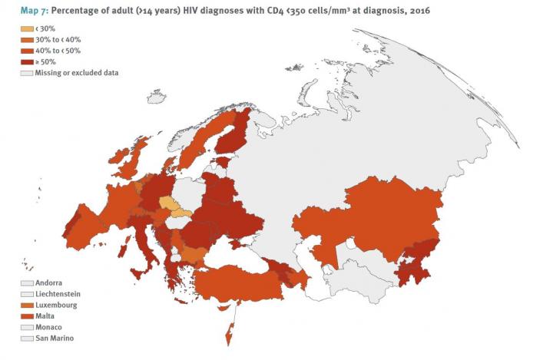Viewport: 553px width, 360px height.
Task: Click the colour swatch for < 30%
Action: pyautogui.click(x=27, y=29)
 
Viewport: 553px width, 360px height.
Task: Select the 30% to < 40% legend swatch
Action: pyautogui.click(x=27, y=40)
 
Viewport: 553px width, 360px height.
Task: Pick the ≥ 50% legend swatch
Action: pyautogui.click(x=27, y=61)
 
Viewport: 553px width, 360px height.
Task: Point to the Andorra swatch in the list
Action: pyautogui.click(x=27, y=283)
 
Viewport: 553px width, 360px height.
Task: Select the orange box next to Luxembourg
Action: pyautogui.click(x=27, y=305)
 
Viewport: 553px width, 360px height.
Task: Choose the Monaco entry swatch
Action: pyautogui.click(x=27, y=327)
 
